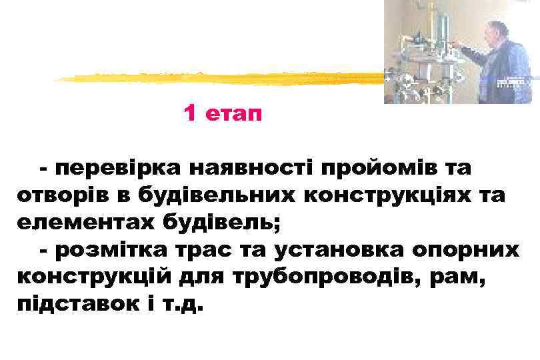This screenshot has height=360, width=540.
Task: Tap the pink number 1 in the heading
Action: click(190, 115)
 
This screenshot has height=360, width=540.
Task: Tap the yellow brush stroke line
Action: click(220, 77)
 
